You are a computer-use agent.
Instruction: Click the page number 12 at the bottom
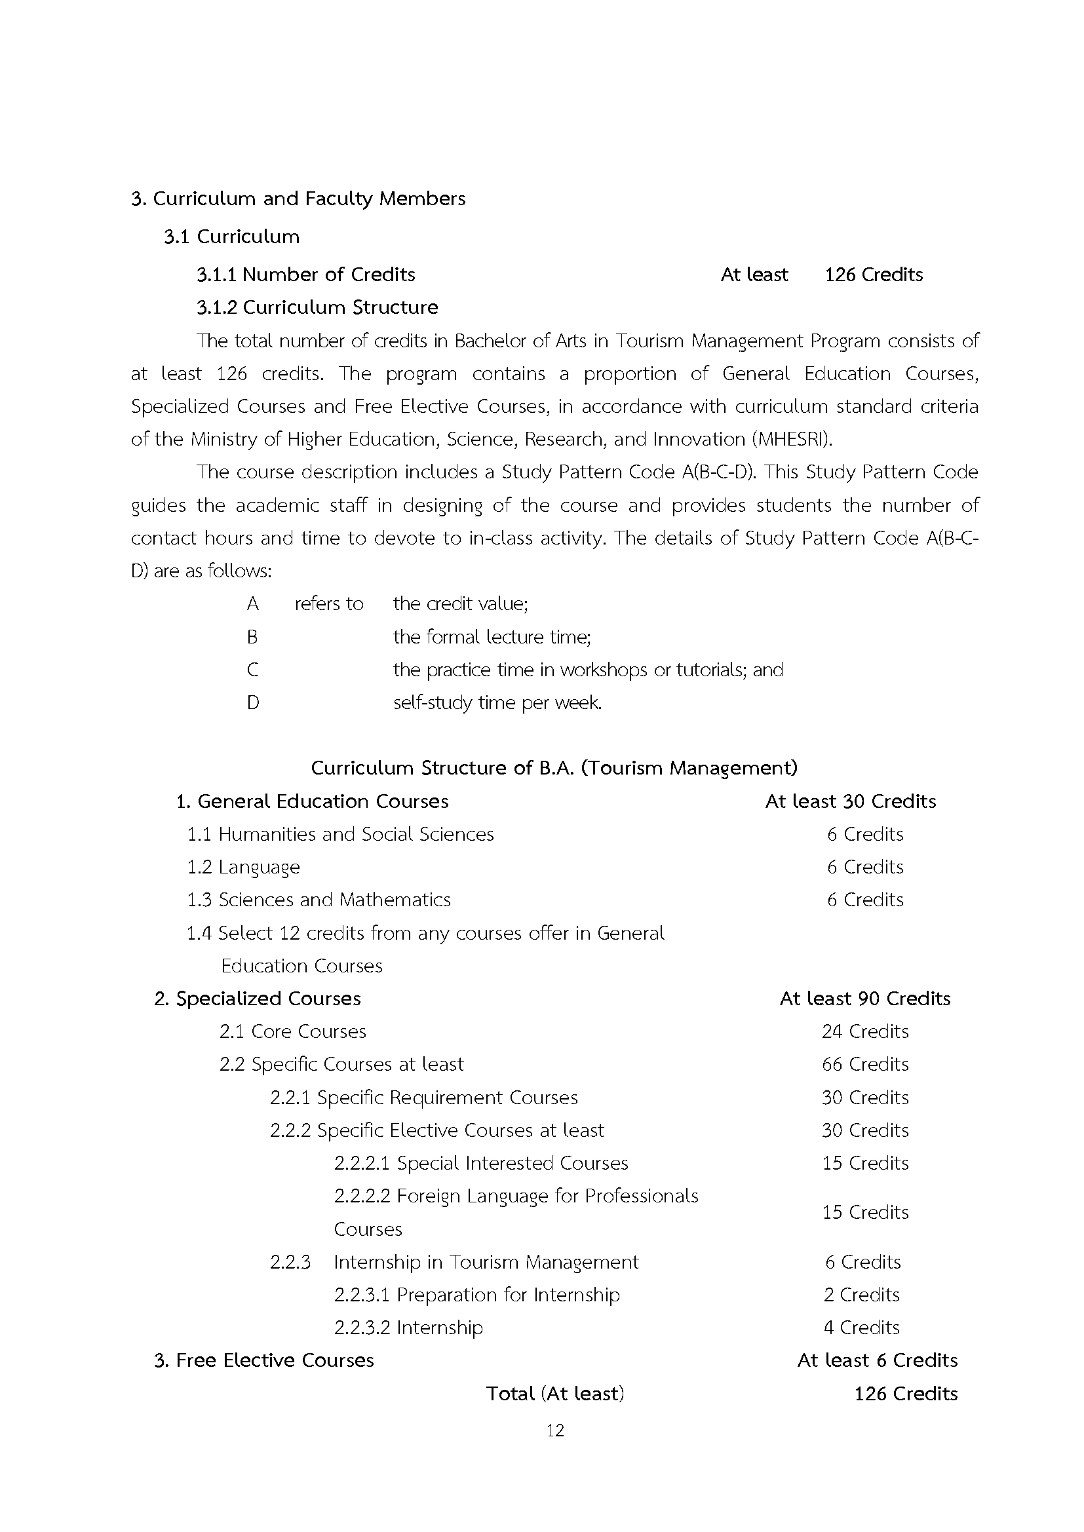(554, 1430)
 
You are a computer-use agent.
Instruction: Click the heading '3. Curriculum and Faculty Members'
(298, 199)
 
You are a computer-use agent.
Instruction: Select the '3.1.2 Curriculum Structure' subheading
(317, 307)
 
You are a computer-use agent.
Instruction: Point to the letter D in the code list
(253, 702)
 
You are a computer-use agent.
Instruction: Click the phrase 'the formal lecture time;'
(492, 637)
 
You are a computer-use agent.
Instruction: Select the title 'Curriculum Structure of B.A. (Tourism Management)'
(554, 768)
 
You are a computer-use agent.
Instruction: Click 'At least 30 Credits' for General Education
(851, 801)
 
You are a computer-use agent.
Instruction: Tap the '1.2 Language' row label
(244, 867)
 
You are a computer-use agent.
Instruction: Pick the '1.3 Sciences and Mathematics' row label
(319, 900)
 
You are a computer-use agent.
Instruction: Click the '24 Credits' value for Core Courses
(865, 1031)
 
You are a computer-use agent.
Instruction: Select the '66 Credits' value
(865, 1064)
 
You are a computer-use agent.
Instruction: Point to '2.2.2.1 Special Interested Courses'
(480, 1163)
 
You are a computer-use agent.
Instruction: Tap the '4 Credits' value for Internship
(861, 1327)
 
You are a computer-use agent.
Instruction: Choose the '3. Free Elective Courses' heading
(264, 1360)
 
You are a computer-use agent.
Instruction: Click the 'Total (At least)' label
(554, 1394)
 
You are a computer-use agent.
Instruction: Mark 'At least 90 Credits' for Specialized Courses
(865, 999)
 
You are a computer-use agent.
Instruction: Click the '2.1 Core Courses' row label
(292, 1031)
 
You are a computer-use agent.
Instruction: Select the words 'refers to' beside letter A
(329, 604)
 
